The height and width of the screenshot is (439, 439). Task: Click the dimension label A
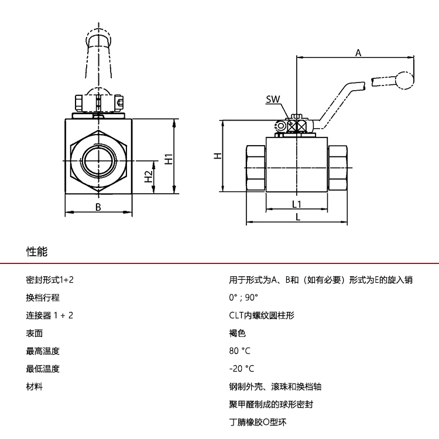[359, 53]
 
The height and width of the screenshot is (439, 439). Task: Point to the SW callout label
[273, 100]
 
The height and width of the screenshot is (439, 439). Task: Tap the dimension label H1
[168, 159]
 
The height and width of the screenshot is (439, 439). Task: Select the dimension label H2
[149, 176]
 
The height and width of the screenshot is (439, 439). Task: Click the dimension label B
[98, 207]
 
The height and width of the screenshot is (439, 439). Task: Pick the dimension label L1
[297, 204]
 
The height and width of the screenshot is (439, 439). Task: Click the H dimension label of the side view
[217, 156]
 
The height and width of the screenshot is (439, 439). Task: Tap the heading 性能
[37, 252]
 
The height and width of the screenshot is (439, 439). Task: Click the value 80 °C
[240, 351]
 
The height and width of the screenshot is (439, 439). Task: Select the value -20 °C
[242, 369]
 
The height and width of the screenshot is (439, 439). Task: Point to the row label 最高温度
[43, 351]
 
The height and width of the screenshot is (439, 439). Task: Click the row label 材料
[35, 387]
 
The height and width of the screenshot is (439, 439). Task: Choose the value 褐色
[237, 334]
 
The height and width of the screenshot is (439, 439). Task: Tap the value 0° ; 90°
[243, 297]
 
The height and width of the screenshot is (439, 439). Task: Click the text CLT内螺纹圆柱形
[261, 315]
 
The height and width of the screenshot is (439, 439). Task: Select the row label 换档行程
[43, 297]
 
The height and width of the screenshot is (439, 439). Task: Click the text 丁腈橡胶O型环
[258, 422]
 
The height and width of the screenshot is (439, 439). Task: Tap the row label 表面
[35, 334]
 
